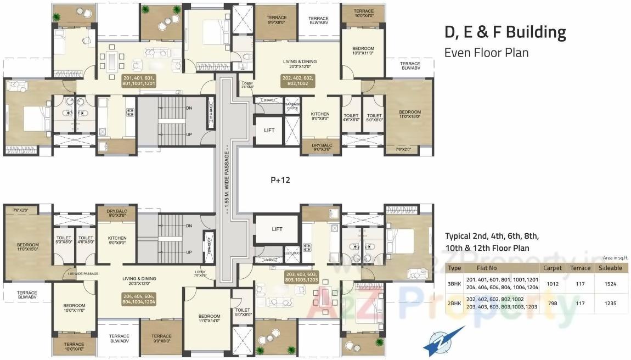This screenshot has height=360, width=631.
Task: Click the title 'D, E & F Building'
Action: tap(505, 32)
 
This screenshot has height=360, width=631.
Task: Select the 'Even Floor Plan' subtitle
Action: tap(486, 53)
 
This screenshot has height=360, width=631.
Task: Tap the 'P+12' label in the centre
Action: tap(280, 179)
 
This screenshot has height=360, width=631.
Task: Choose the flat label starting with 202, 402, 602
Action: tap(298, 81)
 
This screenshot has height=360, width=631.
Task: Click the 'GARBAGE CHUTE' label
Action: tap(292, 106)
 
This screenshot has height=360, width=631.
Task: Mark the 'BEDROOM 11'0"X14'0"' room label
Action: tap(210, 319)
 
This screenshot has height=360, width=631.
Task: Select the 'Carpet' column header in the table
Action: tap(552, 268)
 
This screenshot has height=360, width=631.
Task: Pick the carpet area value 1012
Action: tap(552, 284)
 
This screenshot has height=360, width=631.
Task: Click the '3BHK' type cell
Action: tap(454, 284)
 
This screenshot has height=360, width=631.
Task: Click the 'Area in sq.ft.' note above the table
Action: tap(615, 257)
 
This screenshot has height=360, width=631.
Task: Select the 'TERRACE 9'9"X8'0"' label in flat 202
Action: tap(277, 20)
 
